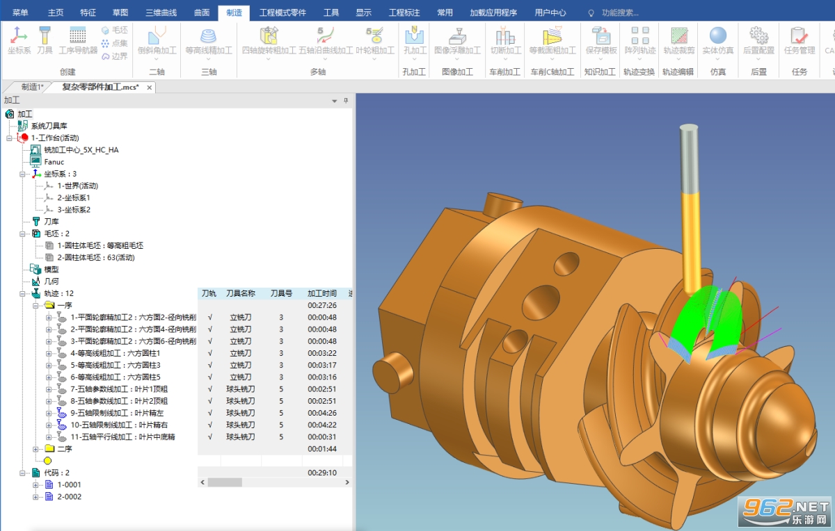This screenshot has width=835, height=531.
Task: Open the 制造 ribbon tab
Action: (x=234, y=13)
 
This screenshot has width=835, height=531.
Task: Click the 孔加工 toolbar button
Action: (x=415, y=40)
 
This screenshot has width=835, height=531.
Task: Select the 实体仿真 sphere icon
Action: (x=717, y=35)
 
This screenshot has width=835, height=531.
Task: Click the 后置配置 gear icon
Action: (x=758, y=35)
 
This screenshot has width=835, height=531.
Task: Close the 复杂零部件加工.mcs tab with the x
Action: (x=149, y=88)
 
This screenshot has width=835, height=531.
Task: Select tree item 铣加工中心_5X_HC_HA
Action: (x=81, y=150)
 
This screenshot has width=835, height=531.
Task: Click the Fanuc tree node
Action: (x=54, y=162)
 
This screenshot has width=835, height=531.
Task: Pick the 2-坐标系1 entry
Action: (x=74, y=197)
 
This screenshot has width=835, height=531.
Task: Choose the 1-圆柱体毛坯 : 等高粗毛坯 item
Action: (x=100, y=245)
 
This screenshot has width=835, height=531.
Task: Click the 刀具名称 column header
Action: (x=241, y=293)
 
